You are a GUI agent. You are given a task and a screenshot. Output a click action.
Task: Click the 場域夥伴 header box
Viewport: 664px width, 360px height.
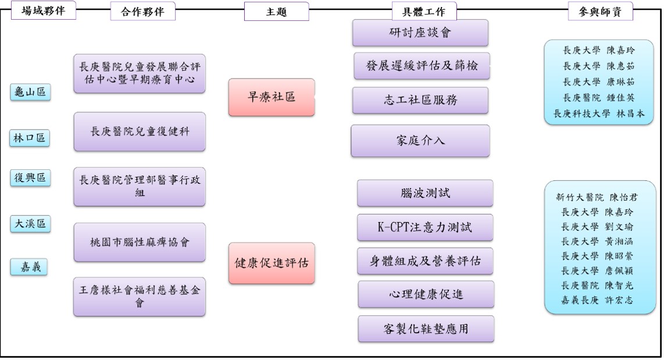tap(43, 10)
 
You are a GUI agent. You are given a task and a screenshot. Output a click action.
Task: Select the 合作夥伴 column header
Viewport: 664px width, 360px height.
tap(142, 12)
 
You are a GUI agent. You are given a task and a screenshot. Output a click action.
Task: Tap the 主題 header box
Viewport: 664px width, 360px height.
tap(276, 12)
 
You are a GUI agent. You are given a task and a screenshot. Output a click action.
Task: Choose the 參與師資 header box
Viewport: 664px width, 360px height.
tap(600, 12)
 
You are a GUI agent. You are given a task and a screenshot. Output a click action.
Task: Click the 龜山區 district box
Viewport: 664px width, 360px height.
tap(30, 92)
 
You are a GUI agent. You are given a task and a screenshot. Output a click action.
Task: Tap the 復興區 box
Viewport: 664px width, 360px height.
tap(30, 178)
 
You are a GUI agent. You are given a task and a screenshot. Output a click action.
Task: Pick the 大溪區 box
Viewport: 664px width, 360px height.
tap(30, 224)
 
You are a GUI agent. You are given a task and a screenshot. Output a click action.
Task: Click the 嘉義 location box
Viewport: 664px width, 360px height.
tap(30, 268)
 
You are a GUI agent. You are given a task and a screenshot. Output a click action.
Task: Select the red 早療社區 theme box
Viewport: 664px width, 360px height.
tap(272, 97)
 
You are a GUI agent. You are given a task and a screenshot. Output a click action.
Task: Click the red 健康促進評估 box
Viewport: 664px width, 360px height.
tap(272, 263)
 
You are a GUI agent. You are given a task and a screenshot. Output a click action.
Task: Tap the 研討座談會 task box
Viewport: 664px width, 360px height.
tap(420, 33)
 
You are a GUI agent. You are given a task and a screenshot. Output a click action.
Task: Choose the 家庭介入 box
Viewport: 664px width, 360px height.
tap(420, 141)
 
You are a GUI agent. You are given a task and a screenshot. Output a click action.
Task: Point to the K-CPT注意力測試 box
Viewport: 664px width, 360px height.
tap(424, 227)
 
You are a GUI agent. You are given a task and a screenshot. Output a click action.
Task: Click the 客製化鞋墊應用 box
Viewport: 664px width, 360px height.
tap(426, 329)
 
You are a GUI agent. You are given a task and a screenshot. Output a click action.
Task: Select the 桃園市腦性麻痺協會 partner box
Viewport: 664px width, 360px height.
tap(140, 242)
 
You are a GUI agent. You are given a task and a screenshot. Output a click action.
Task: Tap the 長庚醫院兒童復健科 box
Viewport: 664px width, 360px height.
tap(140, 132)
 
